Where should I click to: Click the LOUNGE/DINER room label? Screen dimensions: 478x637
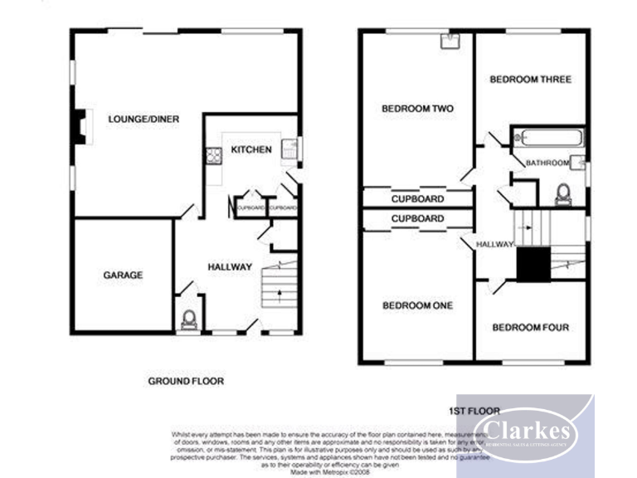143,119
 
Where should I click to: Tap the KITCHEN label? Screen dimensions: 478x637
250,149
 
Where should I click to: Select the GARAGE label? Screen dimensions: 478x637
123,275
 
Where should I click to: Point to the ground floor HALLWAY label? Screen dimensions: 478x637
229,267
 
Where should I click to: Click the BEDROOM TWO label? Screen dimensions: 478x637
417,109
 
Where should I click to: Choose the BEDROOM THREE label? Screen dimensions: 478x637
530,80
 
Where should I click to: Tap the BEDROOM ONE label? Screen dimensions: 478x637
417,306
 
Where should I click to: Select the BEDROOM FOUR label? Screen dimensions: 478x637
531,327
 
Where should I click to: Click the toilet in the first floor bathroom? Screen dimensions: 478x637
564,194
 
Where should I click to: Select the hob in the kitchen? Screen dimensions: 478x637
212,154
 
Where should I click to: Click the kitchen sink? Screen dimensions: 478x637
289,149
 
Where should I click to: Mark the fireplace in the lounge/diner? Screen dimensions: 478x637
79,127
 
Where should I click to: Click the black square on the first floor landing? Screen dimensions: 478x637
532,265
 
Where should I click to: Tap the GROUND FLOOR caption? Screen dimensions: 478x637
186,381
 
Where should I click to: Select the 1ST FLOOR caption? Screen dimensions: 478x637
474,411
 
